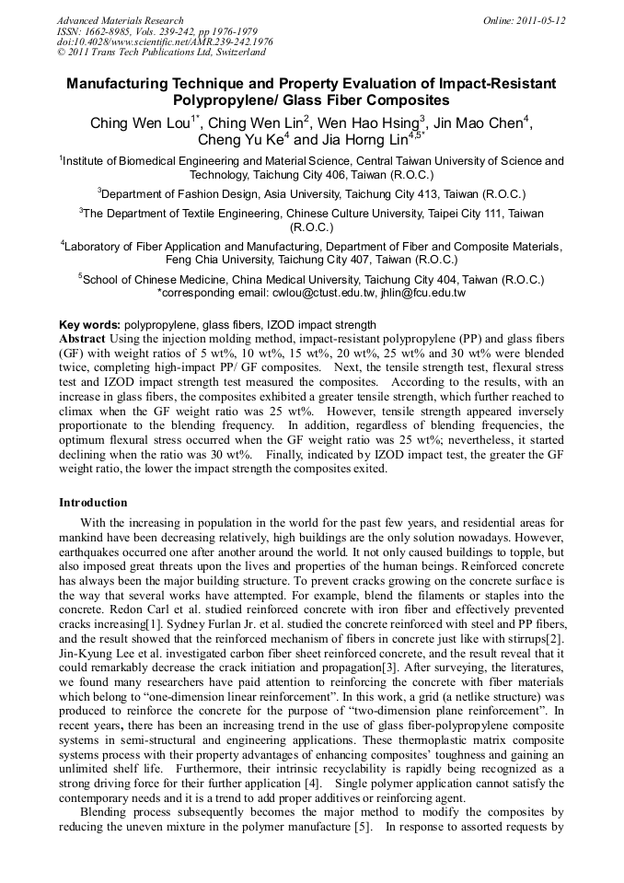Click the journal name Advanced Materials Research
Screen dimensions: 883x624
point(120,20)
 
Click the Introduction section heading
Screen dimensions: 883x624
point(93,503)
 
